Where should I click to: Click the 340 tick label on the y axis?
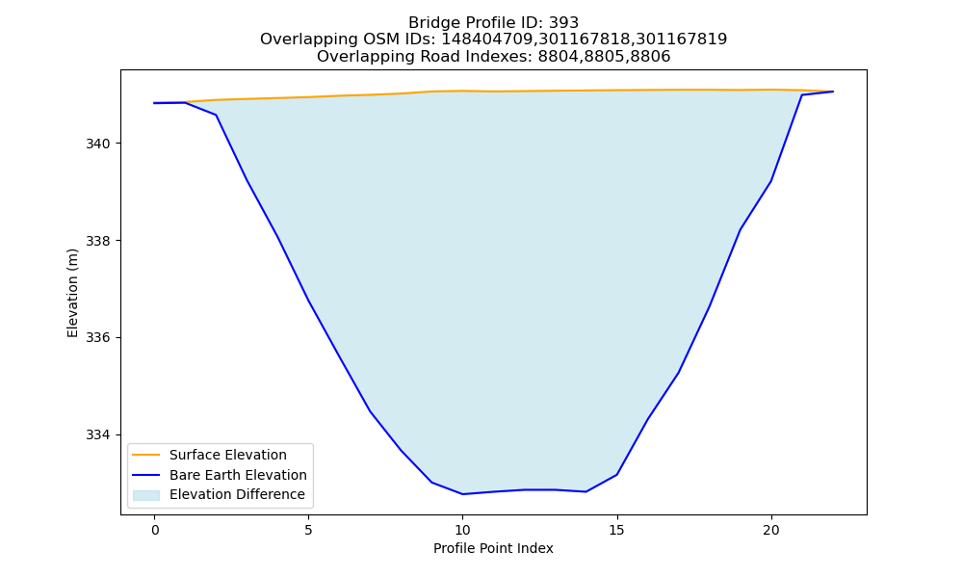(97, 144)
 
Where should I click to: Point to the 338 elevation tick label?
(97, 241)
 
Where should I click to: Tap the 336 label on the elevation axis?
(97, 338)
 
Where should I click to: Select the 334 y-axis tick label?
(97, 434)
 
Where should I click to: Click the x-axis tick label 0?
(155, 530)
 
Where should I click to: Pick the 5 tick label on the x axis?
(308, 530)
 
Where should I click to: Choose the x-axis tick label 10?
(462, 530)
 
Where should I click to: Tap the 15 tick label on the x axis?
(616, 530)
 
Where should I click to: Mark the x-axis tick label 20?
(770, 530)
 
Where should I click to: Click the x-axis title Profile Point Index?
(493, 548)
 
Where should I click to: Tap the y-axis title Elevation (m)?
(72, 293)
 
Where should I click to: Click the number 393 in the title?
(563, 23)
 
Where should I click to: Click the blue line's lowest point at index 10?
(462, 494)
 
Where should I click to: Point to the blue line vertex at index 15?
(616, 474)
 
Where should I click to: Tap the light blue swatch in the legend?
(146, 495)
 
